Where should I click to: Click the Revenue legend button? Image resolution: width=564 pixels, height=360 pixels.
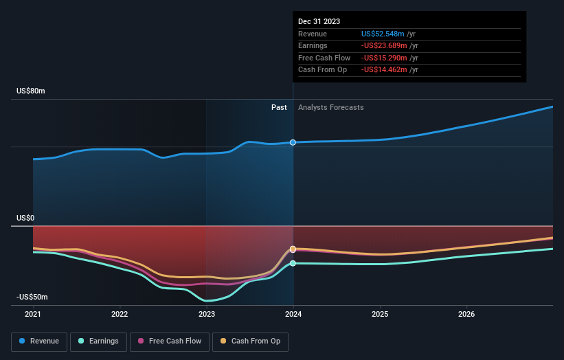click(x=39, y=341)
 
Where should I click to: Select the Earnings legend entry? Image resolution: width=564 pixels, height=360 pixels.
click(x=98, y=341)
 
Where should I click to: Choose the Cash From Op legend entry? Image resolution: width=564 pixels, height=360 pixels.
click(x=250, y=341)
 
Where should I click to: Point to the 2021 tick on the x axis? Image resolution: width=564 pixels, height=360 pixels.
click(x=33, y=315)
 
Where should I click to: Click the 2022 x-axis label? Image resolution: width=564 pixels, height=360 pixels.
click(x=120, y=315)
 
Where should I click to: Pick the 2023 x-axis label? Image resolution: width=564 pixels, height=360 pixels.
click(x=206, y=315)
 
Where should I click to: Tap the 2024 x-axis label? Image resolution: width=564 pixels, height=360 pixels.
click(x=293, y=315)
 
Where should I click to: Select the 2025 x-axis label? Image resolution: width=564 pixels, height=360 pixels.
click(x=380, y=315)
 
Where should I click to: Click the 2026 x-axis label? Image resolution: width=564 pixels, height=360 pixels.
click(x=466, y=315)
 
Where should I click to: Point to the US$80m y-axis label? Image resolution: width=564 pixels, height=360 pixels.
click(x=30, y=91)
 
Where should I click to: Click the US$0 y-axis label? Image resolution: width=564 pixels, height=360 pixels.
click(x=25, y=218)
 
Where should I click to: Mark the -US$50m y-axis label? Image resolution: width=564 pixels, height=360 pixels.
click(x=32, y=297)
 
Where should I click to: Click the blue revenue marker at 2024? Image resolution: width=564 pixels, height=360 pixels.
click(x=293, y=142)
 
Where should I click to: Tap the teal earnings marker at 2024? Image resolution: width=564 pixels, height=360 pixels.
click(x=293, y=263)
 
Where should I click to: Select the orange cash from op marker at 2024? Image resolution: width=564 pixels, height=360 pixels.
click(x=293, y=249)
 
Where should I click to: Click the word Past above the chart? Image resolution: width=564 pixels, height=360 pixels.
click(x=279, y=107)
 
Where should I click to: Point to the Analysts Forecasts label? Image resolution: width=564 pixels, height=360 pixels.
click(x=330, y=107)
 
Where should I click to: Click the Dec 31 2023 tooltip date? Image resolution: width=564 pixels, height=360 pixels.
click(x=319, y=22)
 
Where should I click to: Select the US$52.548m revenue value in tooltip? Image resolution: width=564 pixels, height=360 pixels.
click(x=384, y=34)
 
